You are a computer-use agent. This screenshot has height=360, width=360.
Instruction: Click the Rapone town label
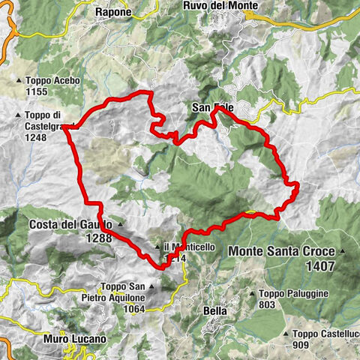point(114,12)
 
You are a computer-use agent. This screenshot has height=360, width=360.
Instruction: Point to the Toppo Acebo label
point(47,81)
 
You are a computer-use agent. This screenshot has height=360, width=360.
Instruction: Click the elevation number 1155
point(36,91)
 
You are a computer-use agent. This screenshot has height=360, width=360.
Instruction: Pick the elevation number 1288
point(98,238)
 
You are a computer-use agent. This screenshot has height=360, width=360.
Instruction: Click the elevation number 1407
point(320,265)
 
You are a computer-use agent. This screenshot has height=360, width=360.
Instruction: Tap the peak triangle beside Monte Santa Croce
point(343,252)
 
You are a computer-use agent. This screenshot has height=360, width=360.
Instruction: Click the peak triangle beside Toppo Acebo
point(19,81)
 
